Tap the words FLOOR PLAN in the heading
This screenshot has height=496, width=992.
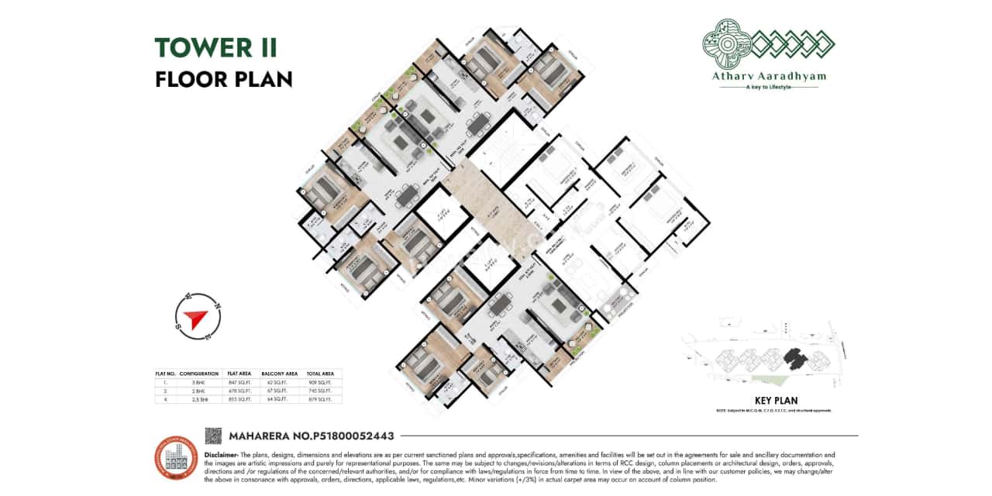(x=223, y=79)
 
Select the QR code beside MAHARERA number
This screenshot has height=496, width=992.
(x=213, y=436)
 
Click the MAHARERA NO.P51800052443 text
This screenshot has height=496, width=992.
(x=312, y=436)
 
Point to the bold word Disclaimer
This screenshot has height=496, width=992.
(x=220, y=454)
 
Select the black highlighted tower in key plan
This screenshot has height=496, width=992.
(x=794, y=357)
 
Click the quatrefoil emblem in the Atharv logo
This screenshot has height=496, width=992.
(x=725, y=42)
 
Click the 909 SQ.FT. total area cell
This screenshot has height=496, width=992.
(x=320, y=382)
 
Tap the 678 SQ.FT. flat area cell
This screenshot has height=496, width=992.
(x=239, y=391)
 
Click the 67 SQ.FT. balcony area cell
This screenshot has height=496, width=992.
(x=277, y=391)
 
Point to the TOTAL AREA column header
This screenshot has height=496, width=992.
(x=320, y=374)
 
